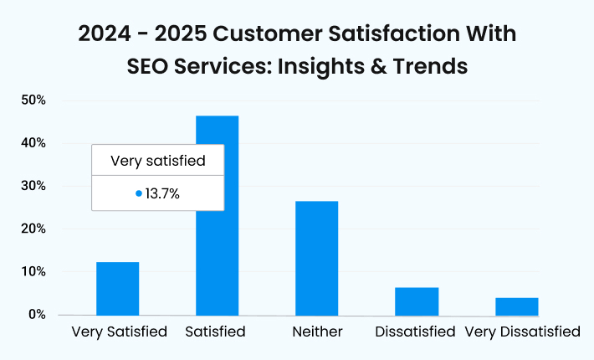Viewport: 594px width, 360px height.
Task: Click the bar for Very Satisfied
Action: pos(117,289)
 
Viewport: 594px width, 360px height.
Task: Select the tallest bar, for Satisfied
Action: pos(217,251)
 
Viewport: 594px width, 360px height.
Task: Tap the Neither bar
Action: pos(317,259)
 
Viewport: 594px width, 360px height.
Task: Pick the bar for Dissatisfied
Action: pos(417,301)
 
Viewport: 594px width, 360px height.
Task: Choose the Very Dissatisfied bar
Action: pos(516,306)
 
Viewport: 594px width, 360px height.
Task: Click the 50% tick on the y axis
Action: pos(33,100)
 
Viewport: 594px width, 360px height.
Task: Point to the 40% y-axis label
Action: pos(33,143)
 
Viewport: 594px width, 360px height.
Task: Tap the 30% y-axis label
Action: pos(33,186)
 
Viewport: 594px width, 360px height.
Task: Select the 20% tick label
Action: pos(33,229)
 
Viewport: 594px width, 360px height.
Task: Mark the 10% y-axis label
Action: pos(33,272)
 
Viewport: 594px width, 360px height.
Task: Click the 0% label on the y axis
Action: pos(36,315)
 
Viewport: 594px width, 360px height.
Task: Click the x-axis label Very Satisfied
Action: pos(120,332)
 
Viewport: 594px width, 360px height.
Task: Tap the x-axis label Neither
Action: pos(317,332)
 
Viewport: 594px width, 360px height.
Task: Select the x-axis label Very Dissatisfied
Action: pos(521,332)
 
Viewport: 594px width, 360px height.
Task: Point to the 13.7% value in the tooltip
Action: pos(163,193)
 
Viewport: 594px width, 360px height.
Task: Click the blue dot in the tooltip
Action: pos(139,193)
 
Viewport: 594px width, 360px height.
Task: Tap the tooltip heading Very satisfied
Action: pos(157,160)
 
